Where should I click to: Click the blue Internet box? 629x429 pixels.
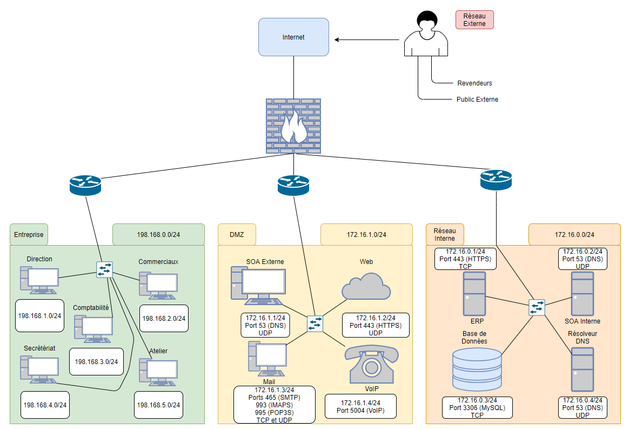[x=293, y=37]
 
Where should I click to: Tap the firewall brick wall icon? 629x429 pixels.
[x=293, y=126]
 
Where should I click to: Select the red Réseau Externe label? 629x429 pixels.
[x=474, y=19]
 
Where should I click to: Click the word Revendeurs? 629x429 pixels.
[x=474, y=83]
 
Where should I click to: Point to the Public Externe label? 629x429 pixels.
[x=477, y=99]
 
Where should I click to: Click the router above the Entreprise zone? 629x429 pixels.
[x=85, y=185]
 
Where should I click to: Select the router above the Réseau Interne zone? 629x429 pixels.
[x=496, y=180]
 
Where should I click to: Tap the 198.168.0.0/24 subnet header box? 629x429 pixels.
[x=158, y=234]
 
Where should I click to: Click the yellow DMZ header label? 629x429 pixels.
[x=237, y=234]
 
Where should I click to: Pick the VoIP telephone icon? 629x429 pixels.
[x=371, y=364]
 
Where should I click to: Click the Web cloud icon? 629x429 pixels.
[x=366, y=286]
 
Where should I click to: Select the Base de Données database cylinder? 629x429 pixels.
[x=477, y=369]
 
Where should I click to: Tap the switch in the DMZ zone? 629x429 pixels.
[x=315, y=324]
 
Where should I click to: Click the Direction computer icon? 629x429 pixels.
[x=39, y=280]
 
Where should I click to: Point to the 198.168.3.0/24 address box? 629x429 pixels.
[x=96, y=361]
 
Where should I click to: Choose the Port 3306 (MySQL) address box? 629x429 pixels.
[x=477, y=408]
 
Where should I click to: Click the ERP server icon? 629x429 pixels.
[x=474, y=294]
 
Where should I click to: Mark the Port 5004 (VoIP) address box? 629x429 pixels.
[x=360, y=406]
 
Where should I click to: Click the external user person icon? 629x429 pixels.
[x=426, y=34]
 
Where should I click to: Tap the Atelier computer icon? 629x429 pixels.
[x=158, y=372]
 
